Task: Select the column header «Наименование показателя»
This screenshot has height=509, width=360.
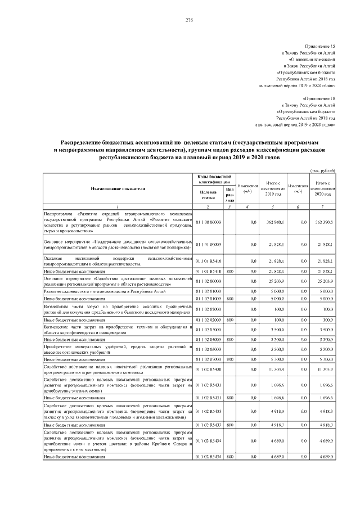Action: [118, 189]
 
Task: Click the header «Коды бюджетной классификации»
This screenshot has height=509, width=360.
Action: [212, 179]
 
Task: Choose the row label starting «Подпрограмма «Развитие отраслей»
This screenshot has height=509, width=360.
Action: [118, 223]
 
